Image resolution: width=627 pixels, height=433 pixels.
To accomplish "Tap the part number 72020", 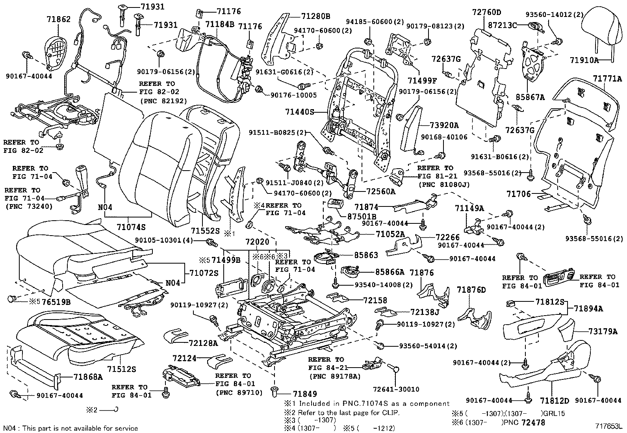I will pos(257,241).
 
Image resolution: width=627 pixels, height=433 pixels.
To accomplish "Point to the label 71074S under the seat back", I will pos(131,227).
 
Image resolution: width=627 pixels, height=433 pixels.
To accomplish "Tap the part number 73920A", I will pos(444,125).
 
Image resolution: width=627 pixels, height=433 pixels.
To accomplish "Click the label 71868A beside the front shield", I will pos(88,377).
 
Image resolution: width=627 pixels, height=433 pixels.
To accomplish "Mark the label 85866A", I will pos(390,272).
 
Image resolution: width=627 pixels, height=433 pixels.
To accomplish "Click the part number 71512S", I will pos(122,369).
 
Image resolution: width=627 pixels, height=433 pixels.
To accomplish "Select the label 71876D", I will pos(471,290).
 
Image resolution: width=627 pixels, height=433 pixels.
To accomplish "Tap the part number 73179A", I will pos(603,331).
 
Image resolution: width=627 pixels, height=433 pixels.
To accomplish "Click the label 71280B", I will pos(315,17).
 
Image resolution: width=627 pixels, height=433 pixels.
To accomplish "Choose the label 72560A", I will pos(380,191).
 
